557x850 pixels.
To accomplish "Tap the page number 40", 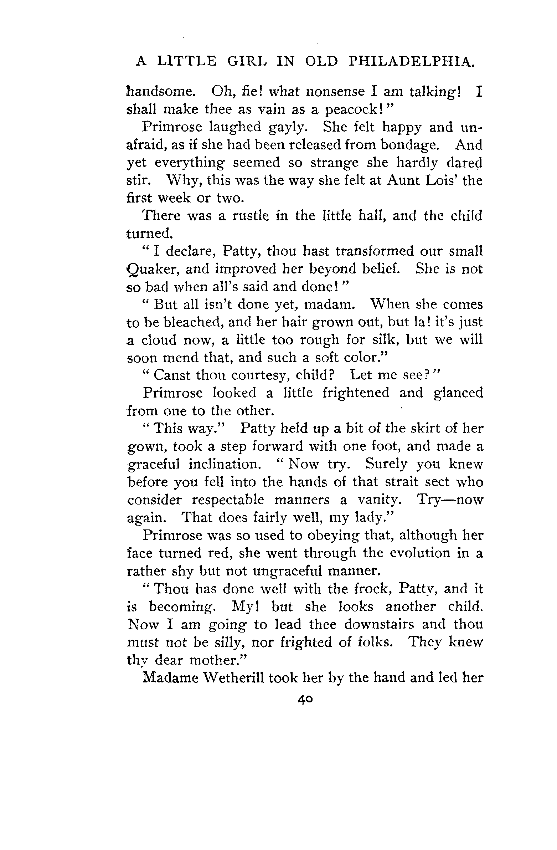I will point(305,699).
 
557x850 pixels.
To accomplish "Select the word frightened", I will point(356,393).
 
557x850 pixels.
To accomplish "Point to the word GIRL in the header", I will point(247,61).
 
